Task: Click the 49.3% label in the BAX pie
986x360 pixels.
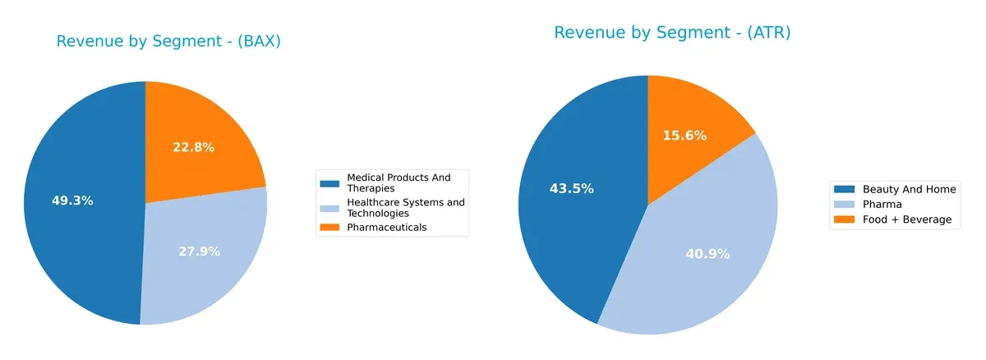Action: point(72,201)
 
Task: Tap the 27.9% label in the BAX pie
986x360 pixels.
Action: point(199,252)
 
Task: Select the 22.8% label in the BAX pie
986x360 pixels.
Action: point(193,148)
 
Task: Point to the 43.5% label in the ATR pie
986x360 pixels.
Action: point(571,189)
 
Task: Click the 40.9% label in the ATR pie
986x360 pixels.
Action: point(707,254)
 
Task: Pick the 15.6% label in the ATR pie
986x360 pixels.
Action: point(684,136)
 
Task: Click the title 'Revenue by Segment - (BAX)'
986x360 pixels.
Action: point(168,42)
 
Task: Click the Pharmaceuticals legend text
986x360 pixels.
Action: point(387,228)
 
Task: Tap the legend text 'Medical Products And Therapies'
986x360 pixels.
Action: point(399,182)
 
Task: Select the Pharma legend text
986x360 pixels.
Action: point(881,205)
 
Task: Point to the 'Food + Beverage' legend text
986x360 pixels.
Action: point(907,219)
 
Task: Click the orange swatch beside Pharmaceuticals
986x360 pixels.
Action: point(330,228)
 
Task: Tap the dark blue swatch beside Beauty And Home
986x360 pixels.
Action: point(844,190)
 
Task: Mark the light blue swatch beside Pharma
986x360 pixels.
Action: point(844,205)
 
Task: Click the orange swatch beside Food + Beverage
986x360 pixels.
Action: point(844,219)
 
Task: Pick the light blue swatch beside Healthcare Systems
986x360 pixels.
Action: point(330,203)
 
